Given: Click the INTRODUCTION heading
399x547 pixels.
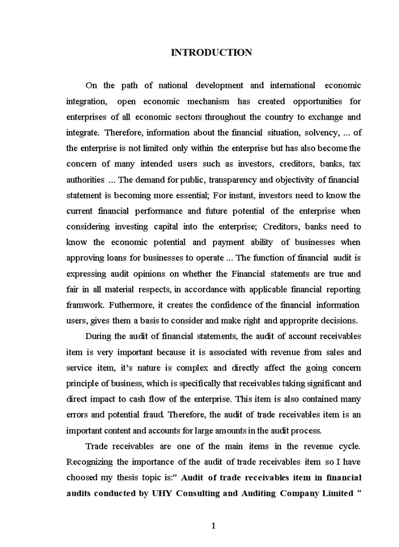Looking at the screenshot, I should (x=211, y=52).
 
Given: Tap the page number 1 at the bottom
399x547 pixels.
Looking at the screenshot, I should (x=213, y=526).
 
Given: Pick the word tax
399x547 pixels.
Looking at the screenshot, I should (x=355, y=164).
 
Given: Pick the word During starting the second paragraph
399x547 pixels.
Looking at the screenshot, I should (x=100, y=336).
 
